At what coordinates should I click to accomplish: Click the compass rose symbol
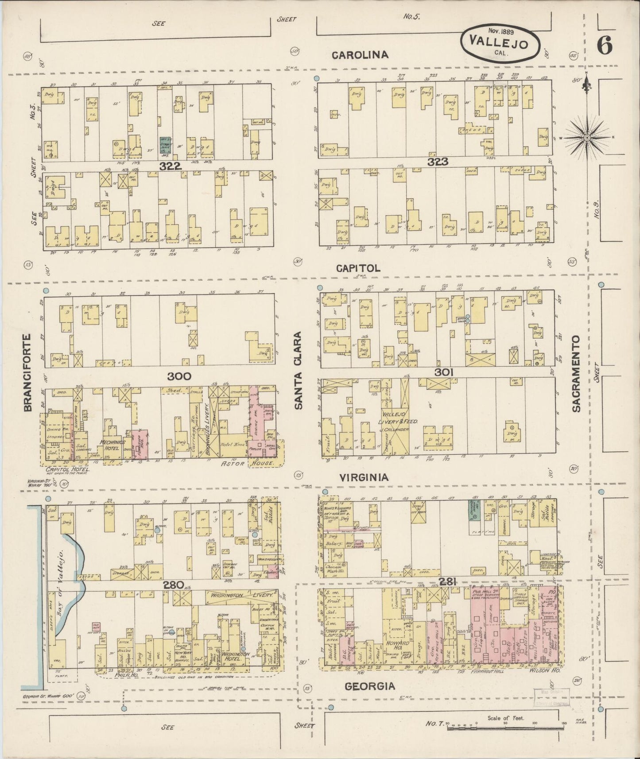point(587,138)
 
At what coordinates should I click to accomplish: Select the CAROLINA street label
point(360,55)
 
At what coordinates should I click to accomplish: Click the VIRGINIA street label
point(364,477)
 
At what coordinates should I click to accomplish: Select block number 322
point(171,166)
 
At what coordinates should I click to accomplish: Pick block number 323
point(438,162)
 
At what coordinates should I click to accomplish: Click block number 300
point(179,376)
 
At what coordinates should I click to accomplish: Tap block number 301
point(444,373)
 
